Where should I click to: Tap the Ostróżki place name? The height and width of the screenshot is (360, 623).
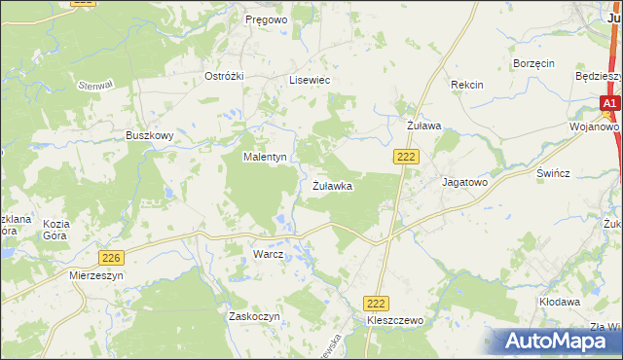click(x=222, y=76)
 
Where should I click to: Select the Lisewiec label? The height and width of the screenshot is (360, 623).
click(x=310, y=81)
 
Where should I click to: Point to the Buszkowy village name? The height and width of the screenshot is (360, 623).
click(x=149, y=136)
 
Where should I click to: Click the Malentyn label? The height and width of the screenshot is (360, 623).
click(x=264, y=157)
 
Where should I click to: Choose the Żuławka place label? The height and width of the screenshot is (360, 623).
click(x=332, y=185)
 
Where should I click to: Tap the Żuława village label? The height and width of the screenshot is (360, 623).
click(x=423, y=126)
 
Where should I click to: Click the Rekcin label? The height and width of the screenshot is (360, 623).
click(x=467, y=86)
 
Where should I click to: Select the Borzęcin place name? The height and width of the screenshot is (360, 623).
click(x=533, y=63)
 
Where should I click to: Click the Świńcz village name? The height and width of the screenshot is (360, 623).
click(x=552, y=171)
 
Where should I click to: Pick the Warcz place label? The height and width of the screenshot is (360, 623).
click(x=268, y=254)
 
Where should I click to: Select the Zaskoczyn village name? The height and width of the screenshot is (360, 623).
click(x=254, y=317)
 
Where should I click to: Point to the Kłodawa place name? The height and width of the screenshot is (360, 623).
click(x=560, y=303)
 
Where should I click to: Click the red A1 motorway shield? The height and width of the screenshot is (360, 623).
click(x=609, y=103)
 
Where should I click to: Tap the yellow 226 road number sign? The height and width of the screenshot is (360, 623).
click(x=111, y=257)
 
